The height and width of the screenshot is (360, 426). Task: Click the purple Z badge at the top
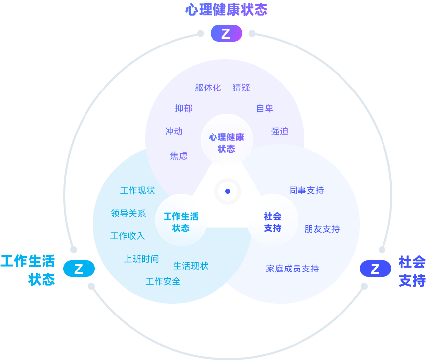tap(226, 33)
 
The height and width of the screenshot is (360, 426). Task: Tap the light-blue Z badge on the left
tap(79, 269)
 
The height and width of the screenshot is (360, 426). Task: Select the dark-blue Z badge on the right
tap(375, 269)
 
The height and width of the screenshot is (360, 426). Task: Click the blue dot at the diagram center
tap(228, 191)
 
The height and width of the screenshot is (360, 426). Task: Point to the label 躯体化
tap(208, 88)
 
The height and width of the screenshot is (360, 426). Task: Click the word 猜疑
tap(241, 88)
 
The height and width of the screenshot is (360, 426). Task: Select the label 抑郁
tap(184, 108)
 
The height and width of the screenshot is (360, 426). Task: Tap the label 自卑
tap(265, 108)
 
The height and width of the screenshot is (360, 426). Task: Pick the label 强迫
tap(280, 131)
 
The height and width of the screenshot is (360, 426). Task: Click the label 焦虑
tap(179, 156)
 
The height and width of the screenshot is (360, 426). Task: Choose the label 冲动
tap(174, 131)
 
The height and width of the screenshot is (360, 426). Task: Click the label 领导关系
tap(128, 213)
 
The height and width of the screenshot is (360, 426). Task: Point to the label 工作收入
tap(128, 236)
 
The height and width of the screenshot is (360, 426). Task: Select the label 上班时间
tap(141, 259)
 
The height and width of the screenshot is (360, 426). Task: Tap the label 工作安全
tap(163, 281)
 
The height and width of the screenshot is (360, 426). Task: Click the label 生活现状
tap(191, 266)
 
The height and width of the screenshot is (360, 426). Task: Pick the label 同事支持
tap(306, 190)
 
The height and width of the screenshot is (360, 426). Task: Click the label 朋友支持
tap(322, 229)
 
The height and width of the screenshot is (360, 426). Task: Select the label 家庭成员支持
tap(293, 269)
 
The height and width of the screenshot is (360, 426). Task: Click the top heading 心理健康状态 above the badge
tap(226, 10)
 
